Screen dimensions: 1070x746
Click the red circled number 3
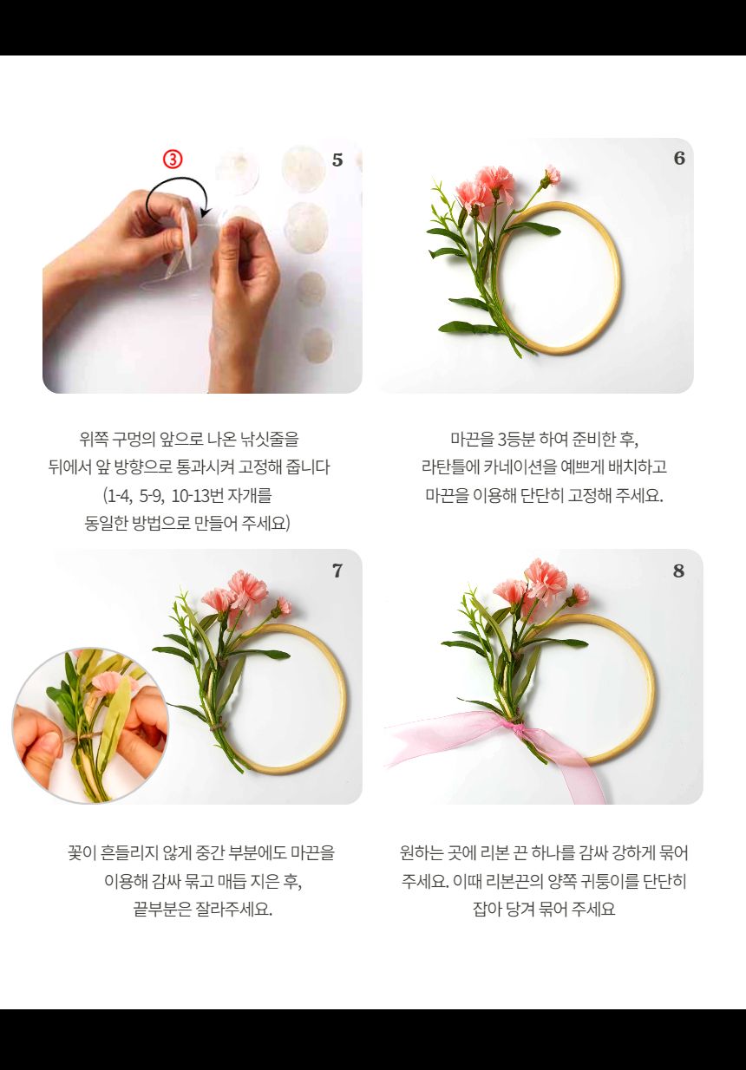point(173,159)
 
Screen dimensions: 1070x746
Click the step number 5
point(337,160)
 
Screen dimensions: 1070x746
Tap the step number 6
point(679,158)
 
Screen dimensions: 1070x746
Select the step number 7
point(337,571)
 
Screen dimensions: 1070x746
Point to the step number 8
point(679,571)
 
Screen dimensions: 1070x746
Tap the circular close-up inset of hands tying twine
point(90,725)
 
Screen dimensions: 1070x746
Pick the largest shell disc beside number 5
point(303,170)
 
